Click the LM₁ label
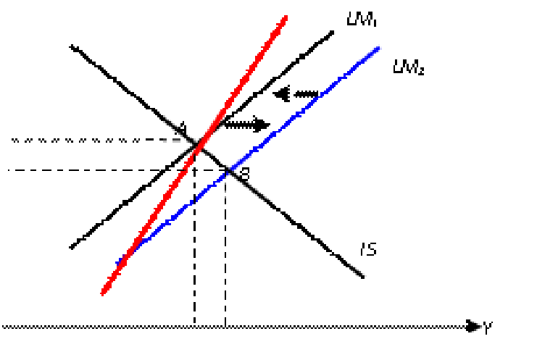[362, 22]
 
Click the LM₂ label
[408, 69]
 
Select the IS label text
[368, 250]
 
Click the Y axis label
[488, 329]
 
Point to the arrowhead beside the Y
[475, 327]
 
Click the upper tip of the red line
[286, 17]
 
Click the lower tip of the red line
[103, 293]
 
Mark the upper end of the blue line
[378, 49]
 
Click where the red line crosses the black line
[199, 148]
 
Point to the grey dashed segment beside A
[172, 138]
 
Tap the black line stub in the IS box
[355, 270]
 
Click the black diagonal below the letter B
[257, 191]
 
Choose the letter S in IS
[372, 250]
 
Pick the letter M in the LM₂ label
[407, 69]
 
